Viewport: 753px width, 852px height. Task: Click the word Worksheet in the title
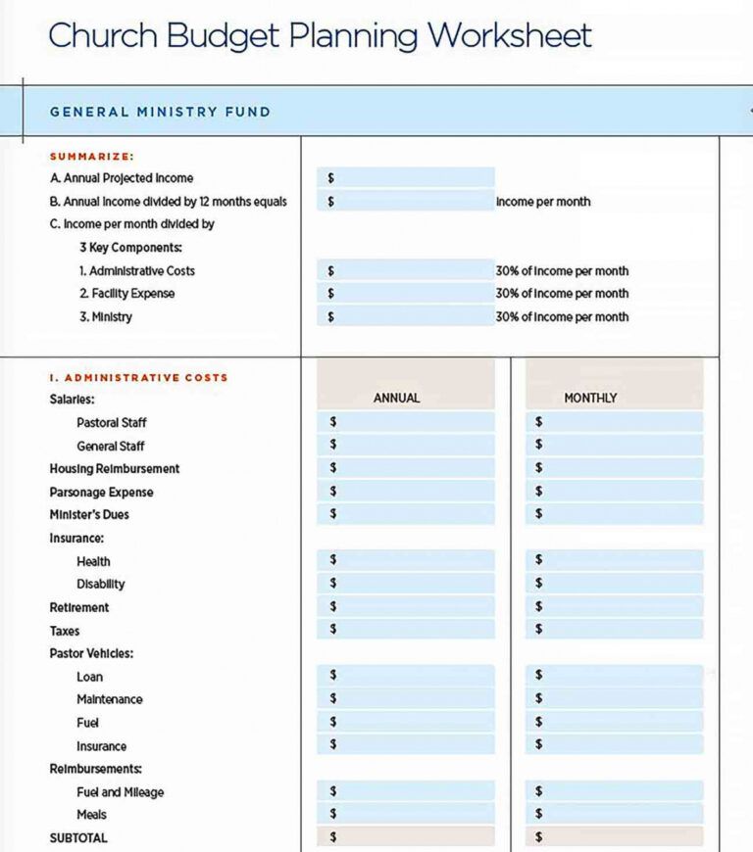click(509, 36)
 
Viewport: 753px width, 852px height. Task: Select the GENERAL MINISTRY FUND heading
click(160, 112)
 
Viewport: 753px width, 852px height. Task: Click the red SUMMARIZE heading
click(91, 156)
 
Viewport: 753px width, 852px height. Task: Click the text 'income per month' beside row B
click(543, 202)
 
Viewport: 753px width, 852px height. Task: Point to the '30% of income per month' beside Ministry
click(562, 316)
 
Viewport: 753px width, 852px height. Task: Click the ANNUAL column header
click(396, 398)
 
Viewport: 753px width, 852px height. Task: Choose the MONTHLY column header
click(590, 398)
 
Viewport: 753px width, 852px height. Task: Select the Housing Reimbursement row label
click(115, 469)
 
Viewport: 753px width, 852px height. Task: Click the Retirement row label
click(79, 607)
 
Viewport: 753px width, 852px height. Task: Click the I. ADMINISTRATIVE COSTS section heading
click(138, 377)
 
